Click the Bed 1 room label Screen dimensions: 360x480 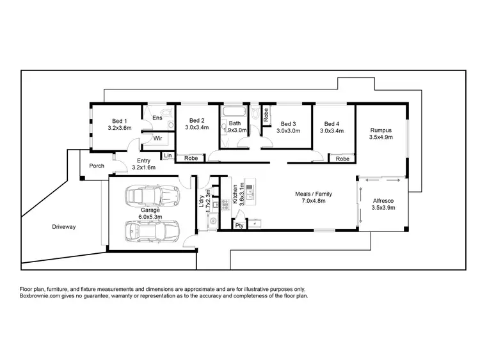(x=120, y=121)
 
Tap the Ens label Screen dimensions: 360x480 (x=156, y=117)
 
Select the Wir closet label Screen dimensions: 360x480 (x=156, y=137)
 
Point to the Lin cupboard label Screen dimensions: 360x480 (x=168, y=155)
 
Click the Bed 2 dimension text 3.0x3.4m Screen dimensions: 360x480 (x=197, y=128)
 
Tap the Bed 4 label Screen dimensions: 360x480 (x=332, y=123)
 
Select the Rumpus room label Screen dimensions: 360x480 (x=380, y=129)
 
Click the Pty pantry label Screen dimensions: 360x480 (x=239, y=226)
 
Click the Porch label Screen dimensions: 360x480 (x=97, y=167)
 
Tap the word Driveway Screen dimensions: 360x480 (x=64, y=227)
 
